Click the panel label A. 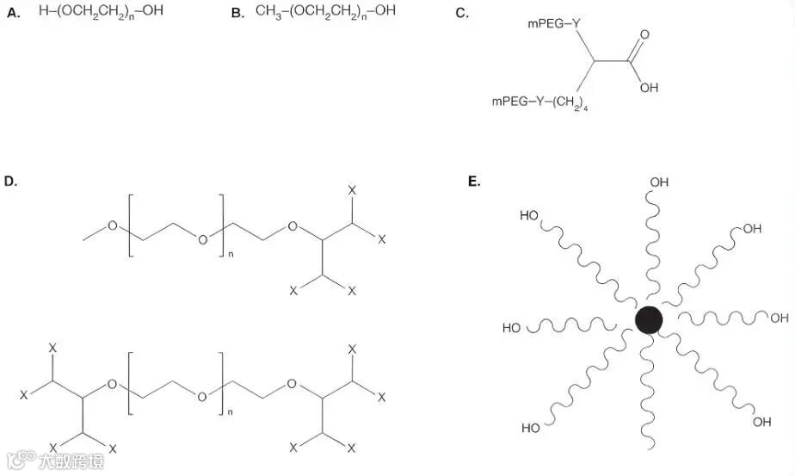tap(13, 14)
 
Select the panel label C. tap(462, 14)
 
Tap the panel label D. tap(13, 182)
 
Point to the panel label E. tap(473, 182)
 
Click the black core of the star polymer tap(649, 320)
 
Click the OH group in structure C tap(650, 87)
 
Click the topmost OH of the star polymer tap(659, 182)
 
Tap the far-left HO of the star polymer tap(512, 328)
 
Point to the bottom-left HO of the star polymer tap(531, 428)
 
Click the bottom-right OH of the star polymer tap(762, 422)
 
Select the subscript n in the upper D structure tap(231, 255)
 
